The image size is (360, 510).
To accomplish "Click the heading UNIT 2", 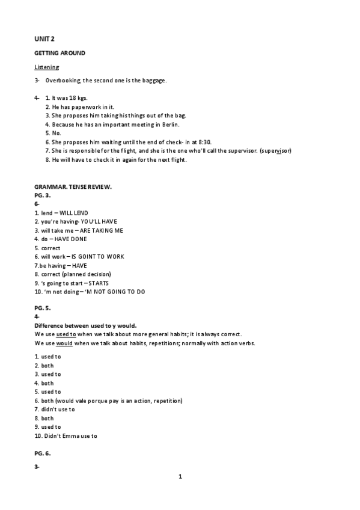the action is click(44, 39).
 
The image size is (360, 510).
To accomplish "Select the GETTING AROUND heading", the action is click(59, 53).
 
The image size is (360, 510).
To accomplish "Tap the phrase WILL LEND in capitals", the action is click(74, 213).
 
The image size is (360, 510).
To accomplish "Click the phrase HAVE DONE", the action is click(73, 239).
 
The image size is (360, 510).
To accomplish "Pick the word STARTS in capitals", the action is click(101, 283).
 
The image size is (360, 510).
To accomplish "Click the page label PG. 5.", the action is click(42, 308).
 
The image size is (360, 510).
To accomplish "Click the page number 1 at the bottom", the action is click(180, 477).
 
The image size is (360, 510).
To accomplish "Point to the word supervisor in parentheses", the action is click(276, 150).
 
